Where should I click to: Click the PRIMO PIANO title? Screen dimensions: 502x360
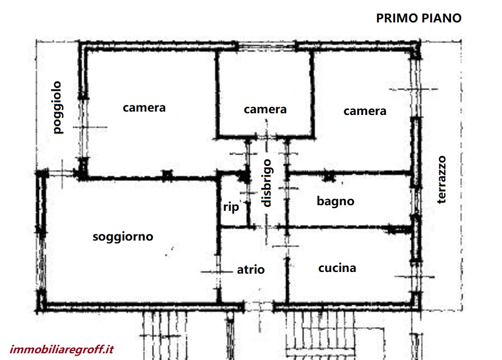[x=419, y=19]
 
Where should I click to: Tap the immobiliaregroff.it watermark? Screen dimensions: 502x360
[x=62, y=349]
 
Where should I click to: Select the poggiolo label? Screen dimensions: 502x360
[x=57, y=107]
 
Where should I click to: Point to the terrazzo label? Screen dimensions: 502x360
[x=441, y=179]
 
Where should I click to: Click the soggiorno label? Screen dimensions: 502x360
[x=123, y=237]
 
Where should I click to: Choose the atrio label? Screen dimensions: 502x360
[x=250, y=270]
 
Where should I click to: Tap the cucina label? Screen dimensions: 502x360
[x=337, y=268]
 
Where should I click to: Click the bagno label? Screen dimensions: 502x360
[x=336, y=201]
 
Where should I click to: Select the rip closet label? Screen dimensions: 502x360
[x=231, y=207]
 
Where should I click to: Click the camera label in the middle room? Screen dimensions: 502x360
[x=265, y=109]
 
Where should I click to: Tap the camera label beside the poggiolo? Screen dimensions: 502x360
[x=144, y=108]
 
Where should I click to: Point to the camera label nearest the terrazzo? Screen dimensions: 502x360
[x=365, y=111]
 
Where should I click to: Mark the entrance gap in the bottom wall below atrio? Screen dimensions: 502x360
[x=259, y=307]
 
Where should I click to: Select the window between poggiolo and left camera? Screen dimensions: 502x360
[x=84, y=128]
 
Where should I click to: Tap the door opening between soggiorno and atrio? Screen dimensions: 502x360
[x=219, y=271]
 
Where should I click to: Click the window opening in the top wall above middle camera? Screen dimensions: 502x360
[x=266, y=47]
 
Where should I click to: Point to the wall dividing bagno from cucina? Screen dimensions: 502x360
[x=349, y=228]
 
